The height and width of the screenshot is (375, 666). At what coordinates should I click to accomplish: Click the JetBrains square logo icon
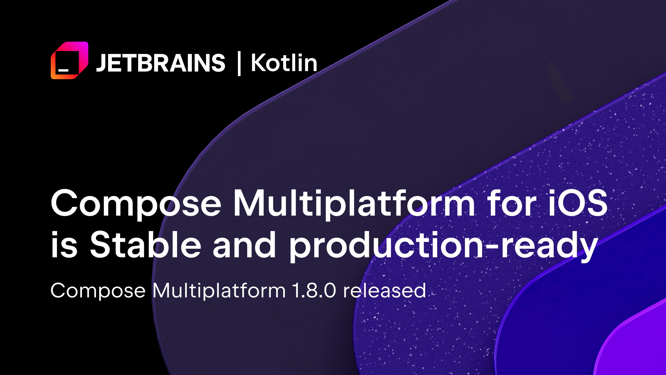click(x=69, y=60)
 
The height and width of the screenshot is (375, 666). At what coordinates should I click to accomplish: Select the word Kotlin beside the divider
click(x=284, y=63)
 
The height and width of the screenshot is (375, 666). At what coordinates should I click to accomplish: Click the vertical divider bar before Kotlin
click(x=239, y=64)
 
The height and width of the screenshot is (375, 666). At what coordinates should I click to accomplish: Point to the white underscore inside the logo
click(x=63, y=70)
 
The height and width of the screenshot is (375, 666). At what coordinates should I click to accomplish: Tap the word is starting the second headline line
click(x=64, y=245)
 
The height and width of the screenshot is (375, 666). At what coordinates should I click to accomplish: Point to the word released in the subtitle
click(x=384, y=290)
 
